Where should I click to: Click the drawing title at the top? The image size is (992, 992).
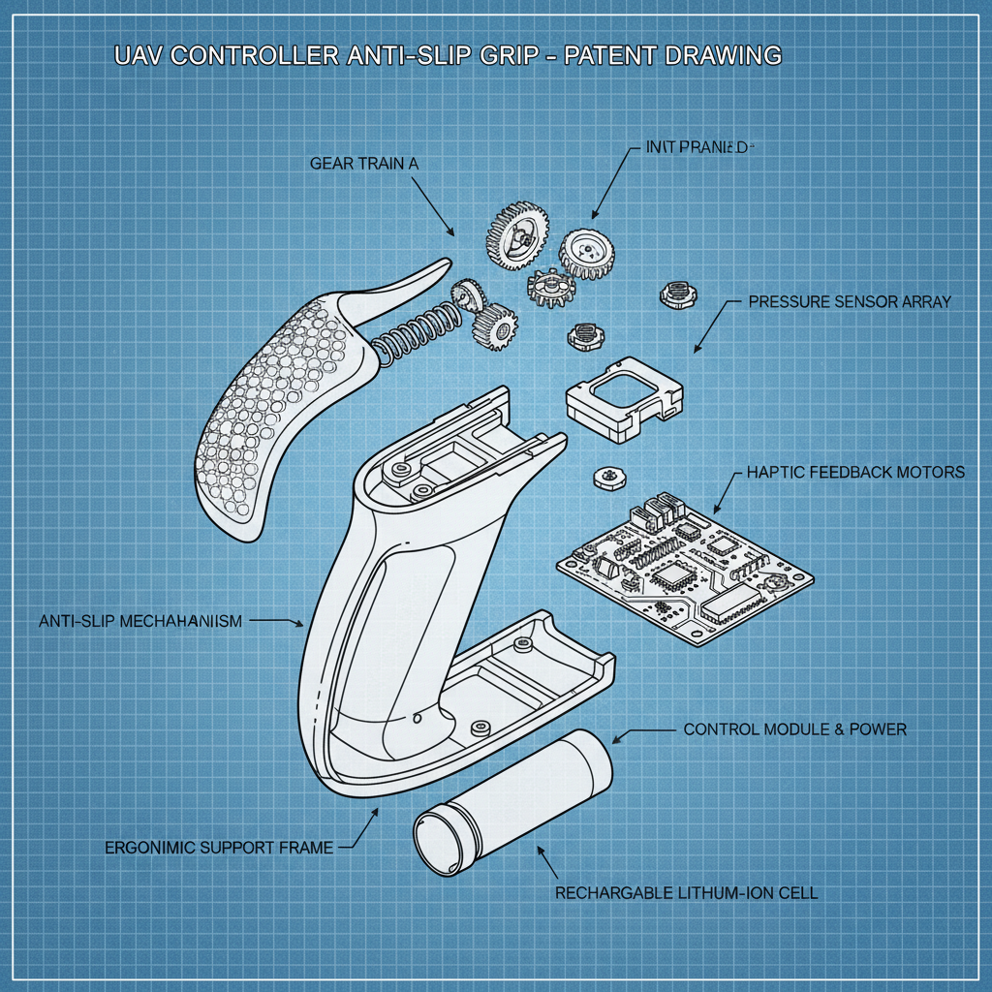tap(448, 56)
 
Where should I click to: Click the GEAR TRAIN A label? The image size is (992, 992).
tap(364, 164)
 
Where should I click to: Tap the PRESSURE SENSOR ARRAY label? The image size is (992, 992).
tap(850, 302)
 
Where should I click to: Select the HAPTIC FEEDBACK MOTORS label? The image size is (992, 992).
tap(855, 473)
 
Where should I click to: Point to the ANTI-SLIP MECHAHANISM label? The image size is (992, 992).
tap(140, 621)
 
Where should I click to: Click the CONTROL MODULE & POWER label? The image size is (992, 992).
tap(794, 728)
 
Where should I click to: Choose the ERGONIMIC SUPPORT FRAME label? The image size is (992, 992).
tap(218, 848)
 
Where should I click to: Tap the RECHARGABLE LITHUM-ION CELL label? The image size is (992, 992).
tap(686, 892)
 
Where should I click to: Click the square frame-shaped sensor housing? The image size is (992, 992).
tap(623, 397)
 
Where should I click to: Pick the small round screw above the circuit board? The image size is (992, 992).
tap(609, 477)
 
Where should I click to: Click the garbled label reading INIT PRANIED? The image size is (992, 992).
tap(697, 148)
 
